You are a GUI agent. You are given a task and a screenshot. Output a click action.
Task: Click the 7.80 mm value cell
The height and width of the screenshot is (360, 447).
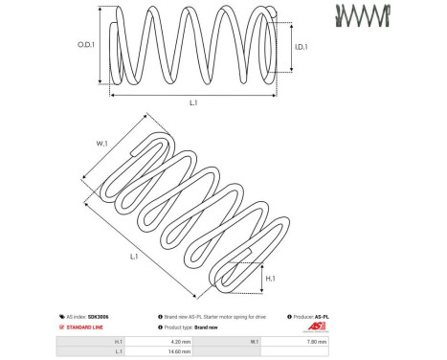pos(315,341)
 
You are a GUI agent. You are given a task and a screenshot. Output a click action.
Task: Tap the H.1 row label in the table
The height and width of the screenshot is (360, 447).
pos(118,341)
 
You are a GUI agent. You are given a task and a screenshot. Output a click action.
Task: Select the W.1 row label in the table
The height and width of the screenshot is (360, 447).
pos(255,341)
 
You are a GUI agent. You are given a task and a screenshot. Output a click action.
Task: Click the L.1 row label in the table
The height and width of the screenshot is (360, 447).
pos(118,352)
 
